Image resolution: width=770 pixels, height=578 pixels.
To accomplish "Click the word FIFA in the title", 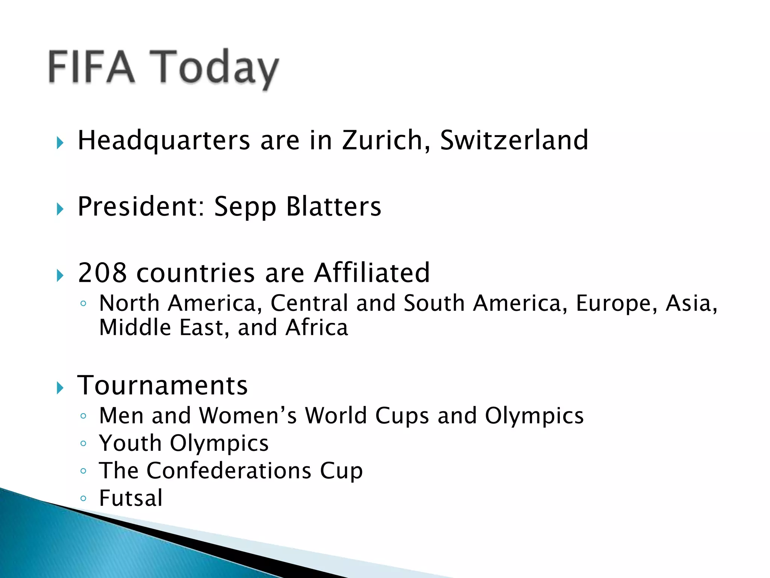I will coord(91,67).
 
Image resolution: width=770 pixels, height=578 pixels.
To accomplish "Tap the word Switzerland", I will coord(514,140).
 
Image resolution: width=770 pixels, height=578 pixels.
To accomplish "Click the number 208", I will coord(102,272).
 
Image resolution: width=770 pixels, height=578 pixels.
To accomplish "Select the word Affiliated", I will coord(372,272).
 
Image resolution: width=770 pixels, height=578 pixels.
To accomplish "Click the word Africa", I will coord(317,327).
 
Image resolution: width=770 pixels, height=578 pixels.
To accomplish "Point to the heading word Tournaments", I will coord(162,385).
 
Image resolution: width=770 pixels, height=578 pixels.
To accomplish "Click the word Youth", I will coord(130,443).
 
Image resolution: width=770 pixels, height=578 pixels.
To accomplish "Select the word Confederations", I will coord(229,470).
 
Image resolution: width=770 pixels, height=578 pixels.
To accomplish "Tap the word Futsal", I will coord(131,498).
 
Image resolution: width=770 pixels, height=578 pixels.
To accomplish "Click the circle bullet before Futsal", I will coord(83,499).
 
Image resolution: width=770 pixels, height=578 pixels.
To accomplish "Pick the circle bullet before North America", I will coord(83,304).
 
